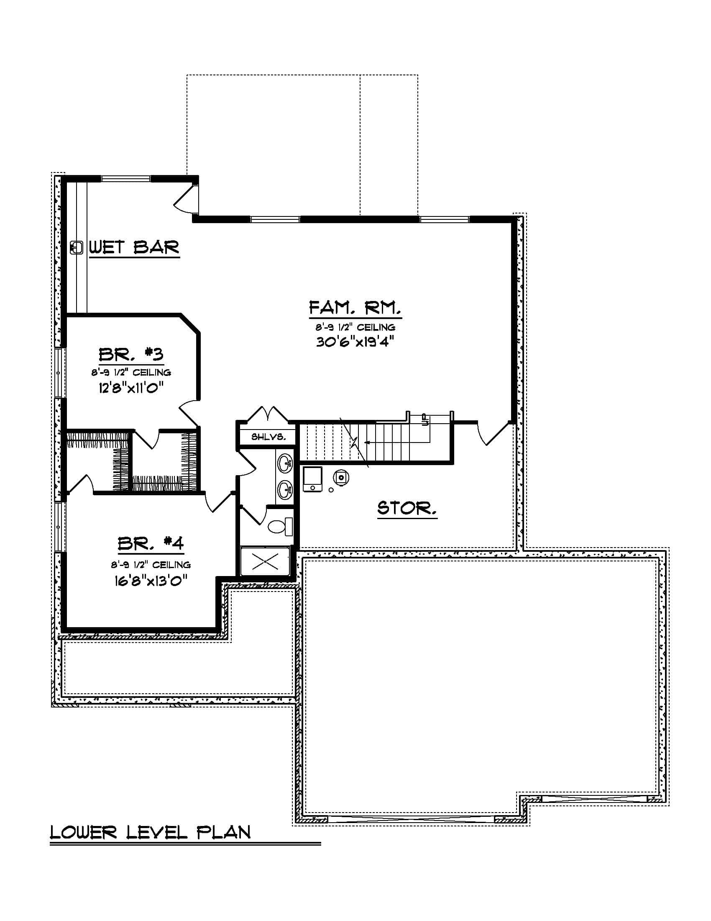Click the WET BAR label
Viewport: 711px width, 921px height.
pyautogui.click(x=134, y=247)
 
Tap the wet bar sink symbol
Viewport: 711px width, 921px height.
pyautogui.click(x=76, y=247)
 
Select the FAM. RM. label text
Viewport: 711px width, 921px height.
pyautogui.click(x=355, y=308)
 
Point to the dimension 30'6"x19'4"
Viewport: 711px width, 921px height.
pyautogui.click(x=355, y=342)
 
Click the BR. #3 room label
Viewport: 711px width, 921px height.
pyautogui.click(x=131, y=354)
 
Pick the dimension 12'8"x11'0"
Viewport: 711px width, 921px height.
pyautogui.click(x=131, y=388)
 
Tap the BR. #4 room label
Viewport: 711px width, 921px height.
pyautogui.click(x=151, y=543)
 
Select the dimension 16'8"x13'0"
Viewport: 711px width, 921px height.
pyautogui.click(x=151, y=581)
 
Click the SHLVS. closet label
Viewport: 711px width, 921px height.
pyautogui.click(x=269, y=437)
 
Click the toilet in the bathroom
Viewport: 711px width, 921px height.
pyautogui.click(x=280, y=526)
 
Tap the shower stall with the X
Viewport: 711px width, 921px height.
pyautogui.click(x=265, y=561)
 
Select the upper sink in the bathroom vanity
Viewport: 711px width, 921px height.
pyautogui.click(x=285, y=463)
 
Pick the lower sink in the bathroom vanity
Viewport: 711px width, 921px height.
pyautogui.click(x=285, y=490)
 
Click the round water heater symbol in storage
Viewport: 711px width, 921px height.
pyautogui.click(x=341, y=477)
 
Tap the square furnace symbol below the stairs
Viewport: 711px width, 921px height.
pyautogui.click(x=312, y=479)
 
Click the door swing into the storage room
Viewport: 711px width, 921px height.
pyautogui.click(x=493, y=435)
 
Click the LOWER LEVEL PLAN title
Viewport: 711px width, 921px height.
pyautogui.click(x=151, y=832)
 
